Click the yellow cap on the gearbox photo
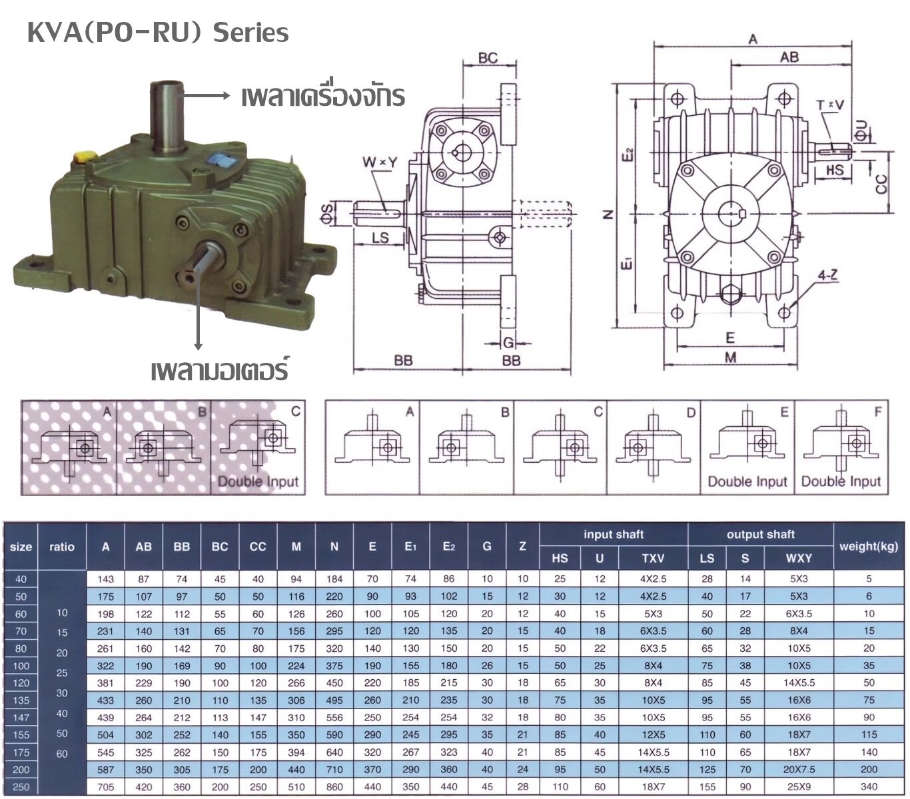tap(84, 158)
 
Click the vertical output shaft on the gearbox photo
tap(167, 113)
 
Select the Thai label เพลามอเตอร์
tap(219, 370)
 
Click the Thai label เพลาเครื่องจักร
tap(323, 97)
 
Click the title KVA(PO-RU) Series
tap(158, 33)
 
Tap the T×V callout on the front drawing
tap(829, 105)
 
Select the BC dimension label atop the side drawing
tap(488, 58)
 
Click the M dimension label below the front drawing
tap(731, 358)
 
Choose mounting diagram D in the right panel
tap(654, 447)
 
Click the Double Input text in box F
tap(841, 481)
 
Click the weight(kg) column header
tap(869, 547)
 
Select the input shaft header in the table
tap(613, 535)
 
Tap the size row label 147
tap(21, 718)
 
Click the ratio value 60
tap(62, 754)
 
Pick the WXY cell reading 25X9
tap(799, 787)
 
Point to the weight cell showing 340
tap(869, 787)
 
